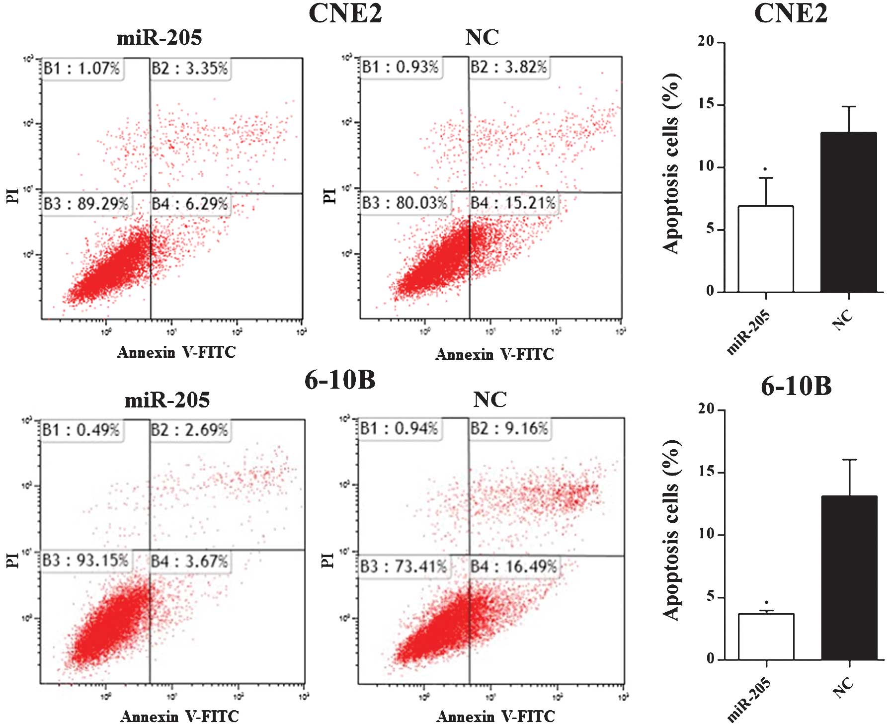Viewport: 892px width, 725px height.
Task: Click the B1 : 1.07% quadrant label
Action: tap(81, 68)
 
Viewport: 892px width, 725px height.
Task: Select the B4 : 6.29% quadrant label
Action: tap(190, 204)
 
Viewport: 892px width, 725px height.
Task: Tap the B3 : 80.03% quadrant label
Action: tap(405, 203)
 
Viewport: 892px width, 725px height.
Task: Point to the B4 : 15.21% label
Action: tap(513, 203)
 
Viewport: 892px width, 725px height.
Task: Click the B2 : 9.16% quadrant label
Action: tap(509, 428)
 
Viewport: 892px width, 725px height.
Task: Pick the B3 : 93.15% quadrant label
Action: tap(85, 561)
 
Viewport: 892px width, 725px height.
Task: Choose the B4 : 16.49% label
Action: tap(514, 566)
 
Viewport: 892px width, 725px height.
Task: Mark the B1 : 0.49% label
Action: tap(81, 430)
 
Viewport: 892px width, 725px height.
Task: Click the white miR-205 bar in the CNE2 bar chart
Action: tap(766, 248)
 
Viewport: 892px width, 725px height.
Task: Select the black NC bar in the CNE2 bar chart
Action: tap(849, 212)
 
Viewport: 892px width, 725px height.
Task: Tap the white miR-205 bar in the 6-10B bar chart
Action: tap(766, 637)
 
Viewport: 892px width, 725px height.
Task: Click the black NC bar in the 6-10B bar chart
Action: tap(849, 577)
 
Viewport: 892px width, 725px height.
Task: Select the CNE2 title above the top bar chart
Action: tap(791, 13)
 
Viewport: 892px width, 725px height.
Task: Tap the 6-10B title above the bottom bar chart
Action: tap(796, 386)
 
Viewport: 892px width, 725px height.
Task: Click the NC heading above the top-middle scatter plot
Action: tap(482, 37)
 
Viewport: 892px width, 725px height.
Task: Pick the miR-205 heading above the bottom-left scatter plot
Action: tap(167, 400)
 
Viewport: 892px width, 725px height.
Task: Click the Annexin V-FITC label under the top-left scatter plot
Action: tap(176, 352)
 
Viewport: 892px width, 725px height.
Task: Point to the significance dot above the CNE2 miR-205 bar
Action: tap(765, 169)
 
